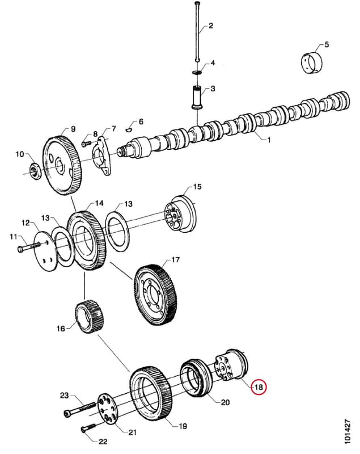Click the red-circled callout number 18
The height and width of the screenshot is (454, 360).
tap(258, 387)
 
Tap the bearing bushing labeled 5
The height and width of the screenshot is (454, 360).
tap(311, 63)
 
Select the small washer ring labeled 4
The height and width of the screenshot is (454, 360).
tap(197, 72)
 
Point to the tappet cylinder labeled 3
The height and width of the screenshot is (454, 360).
tap(197, 98)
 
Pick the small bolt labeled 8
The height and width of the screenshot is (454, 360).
tap(87, 144)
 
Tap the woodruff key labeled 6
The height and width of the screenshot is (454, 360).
tap(129, 129)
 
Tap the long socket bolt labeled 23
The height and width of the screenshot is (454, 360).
tap(79, 409)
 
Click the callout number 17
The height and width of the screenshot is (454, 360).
tap(175, 259)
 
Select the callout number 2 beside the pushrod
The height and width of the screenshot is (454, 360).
tap(211, 26)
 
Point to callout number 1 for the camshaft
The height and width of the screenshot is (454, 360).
tap(269, 140)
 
